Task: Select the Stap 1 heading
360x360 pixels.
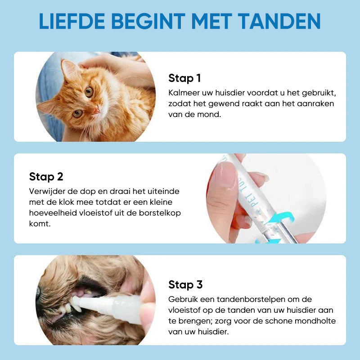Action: [x=184, y=78]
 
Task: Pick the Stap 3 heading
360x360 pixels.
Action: [x=185, y=285]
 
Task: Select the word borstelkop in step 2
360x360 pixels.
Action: [x=162, y=213]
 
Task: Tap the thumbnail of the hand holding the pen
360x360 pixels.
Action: [x=265, y=198]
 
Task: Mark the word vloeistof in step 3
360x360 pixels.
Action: [x=184, y=310]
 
